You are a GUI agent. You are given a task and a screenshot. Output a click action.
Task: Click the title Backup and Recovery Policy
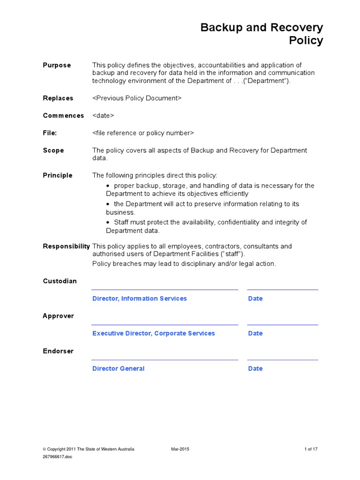pos(262,34)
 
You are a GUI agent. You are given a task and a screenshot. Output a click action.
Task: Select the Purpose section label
pos(57,65)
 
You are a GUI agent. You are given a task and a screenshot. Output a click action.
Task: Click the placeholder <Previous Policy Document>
pos(136,98)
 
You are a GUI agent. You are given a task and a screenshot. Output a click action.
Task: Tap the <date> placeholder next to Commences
pos(103,115)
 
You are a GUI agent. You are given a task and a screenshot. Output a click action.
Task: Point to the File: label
pos(50,133)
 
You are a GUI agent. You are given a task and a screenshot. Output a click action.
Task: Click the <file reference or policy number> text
pos(143,133)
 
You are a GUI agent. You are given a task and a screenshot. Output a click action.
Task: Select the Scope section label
pos(53,150)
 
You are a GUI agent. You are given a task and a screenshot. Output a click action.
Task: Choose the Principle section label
pos(58,175)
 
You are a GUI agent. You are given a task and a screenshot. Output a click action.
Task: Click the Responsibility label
pos(66,246)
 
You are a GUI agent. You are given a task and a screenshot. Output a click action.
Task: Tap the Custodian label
pos(60,281)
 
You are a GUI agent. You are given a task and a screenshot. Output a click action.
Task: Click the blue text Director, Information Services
pos(139,299)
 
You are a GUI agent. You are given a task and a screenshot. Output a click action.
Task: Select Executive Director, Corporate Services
pos(153,333)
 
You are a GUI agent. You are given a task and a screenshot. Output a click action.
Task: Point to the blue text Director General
pos(118,368)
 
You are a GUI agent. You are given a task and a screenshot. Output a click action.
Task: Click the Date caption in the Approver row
pos(255,333)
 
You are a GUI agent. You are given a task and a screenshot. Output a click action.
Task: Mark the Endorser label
pos(58,351)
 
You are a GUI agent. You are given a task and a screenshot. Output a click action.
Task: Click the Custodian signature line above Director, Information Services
pos(165,290)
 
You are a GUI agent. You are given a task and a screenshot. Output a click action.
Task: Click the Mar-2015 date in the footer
pos(180,449)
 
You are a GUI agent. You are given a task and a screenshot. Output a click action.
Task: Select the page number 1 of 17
pos(311,449)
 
